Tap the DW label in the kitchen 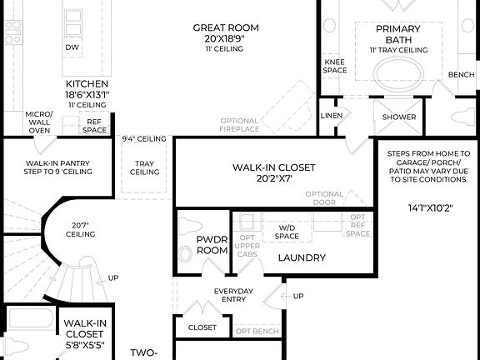pyautogui.click(x=72, y=47)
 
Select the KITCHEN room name pyautogui.click(x=87, y=84)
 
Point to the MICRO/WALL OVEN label pyautogui.click(x=38, y=122)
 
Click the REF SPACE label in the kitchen pyautogui.click(x=93, y=126)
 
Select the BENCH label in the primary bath pyautogui.click(x=461, y=75)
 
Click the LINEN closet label pyautogui.click(x=331, y=116)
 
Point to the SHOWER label pyautogui.click(x=399, y=117)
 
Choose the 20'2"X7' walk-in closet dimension pyautogui.click(x=273, y=178)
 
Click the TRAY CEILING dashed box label pyautogui.click(x=144, y=167)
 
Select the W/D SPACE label pyautogui.click(x=287, y=232)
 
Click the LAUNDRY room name pyautogui.click(x=301, y=257)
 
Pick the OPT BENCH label pyautogui.click(x=257, y=331)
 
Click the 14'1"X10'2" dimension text pyautogui.click(x=431, y=207)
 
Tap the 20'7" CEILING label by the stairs pyautogui.click(x=82, y=230)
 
